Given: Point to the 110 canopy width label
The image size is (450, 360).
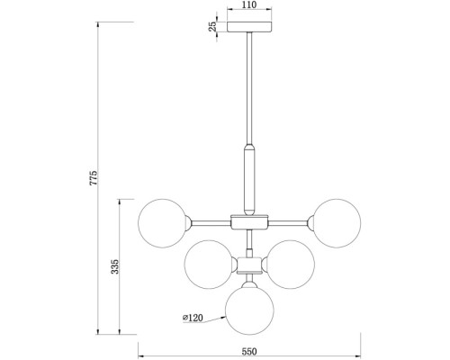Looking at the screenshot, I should click(x=249, y=5).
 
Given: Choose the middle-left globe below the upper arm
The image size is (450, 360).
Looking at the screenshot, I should click(x=208, y=264).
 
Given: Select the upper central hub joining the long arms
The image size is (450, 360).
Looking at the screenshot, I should click(x=249, y=220).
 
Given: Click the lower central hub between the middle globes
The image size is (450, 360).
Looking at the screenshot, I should click(x=249, y=264).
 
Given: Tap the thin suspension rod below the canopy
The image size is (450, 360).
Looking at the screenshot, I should click(x=249, y=90).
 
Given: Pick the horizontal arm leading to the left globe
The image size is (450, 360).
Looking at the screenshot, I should click(x=209, y=220).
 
